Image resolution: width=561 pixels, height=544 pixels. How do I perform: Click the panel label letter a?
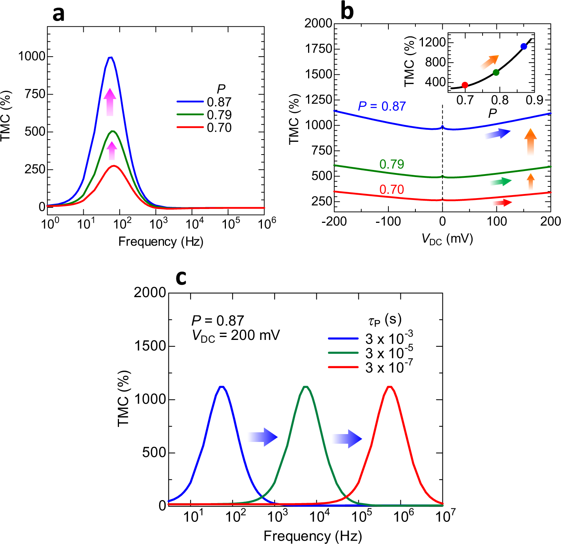point(59,14)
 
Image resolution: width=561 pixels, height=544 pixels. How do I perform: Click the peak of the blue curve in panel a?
point(110,57)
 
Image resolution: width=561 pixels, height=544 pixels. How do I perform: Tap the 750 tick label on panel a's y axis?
point(35,94)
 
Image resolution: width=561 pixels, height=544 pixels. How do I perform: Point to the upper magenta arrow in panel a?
point(110,102)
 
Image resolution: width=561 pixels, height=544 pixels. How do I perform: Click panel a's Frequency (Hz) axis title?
point(161,242)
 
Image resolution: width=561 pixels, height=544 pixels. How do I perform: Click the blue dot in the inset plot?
point(524,47)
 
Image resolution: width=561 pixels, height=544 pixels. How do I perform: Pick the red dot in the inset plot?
point(465,85)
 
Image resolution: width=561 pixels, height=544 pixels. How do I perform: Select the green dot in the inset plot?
point(496,72)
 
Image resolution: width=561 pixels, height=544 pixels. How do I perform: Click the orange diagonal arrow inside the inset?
point(490,62)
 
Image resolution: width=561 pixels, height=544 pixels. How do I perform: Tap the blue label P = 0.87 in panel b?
point(382,107)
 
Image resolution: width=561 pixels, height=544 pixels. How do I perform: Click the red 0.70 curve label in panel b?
point(391,189)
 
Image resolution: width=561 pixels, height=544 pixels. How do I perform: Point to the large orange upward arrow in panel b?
point(530,141)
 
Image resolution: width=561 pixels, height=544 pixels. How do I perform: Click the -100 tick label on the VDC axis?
point(388,222)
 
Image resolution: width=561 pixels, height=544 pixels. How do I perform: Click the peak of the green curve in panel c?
point(306,386)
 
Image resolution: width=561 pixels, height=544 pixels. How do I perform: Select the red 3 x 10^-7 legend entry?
point(388,368)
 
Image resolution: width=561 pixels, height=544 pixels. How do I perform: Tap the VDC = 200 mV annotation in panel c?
point(236,335)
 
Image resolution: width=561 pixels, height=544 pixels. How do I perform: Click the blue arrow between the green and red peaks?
point(347,438)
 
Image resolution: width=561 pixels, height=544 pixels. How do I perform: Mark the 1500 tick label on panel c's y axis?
point(150,346)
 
